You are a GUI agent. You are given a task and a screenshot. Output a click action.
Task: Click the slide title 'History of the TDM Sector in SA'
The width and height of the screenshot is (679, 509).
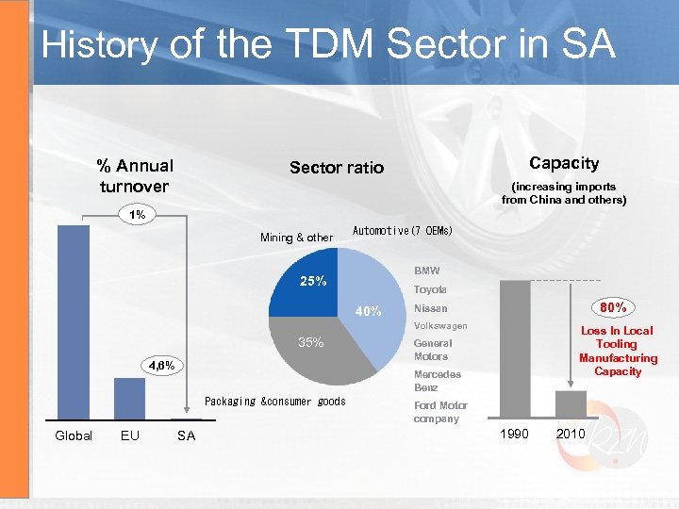pos(328,44)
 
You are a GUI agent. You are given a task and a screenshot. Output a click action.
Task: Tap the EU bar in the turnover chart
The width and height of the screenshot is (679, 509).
pos(129,399)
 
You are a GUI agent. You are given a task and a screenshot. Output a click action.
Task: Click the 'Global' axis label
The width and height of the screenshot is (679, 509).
pos(74,435)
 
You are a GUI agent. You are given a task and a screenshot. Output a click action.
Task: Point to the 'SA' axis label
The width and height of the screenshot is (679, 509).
pos(186,435)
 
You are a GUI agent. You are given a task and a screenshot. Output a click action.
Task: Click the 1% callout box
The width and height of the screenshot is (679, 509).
pos(138,215)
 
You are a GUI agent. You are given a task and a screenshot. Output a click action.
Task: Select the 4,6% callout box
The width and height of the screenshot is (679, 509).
pos(158,365)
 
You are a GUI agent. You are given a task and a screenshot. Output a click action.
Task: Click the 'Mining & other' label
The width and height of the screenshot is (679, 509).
pos(296,238)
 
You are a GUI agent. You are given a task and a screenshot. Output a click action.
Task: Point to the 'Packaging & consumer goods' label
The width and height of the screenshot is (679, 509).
pos(275,402)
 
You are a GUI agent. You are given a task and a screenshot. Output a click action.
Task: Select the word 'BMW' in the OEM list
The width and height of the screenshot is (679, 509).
pos(426,271)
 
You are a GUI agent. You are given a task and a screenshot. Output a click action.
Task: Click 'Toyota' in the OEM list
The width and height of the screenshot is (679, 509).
pos(430,289)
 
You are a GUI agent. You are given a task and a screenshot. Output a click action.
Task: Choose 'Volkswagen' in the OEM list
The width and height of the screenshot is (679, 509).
pos(440,326)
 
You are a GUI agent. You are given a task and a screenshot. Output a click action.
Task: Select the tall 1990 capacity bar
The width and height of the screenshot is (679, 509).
pos(515,350)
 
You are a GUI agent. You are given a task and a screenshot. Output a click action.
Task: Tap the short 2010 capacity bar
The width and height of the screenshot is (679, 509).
pos(571,403)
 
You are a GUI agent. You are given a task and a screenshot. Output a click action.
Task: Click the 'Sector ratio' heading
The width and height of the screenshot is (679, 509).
pos(337,168)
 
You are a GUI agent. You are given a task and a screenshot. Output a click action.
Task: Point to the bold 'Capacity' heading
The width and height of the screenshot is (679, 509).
pos(564,163)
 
